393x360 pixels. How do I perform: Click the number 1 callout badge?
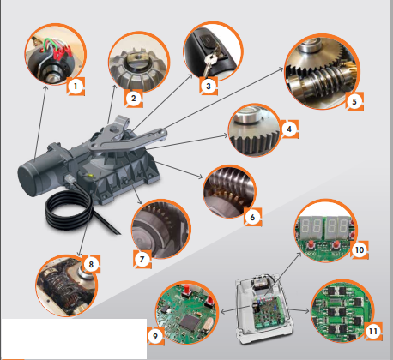click(x=76, y=86)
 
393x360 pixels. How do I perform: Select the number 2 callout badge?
click(x=134, y=99)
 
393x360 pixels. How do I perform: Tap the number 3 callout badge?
click(x=209, y=86)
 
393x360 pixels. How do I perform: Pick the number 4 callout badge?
click(x=289, y=129)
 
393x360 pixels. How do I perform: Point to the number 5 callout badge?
click(x=354, y=101)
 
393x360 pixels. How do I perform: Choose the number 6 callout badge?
click(x=252, y=218)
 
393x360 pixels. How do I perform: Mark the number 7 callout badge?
click(x=142, y=260)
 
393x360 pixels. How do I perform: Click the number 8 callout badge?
click(x=91, y=264)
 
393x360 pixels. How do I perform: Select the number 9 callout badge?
click(x=155, y=336)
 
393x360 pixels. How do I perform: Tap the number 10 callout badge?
click(x=360, y=250)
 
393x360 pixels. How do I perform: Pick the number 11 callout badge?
click(x=373, y=332)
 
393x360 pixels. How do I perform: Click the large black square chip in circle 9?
click(x=190, y=321)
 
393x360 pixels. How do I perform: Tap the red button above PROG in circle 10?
click(x=311, y=244)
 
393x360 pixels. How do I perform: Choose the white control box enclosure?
click(x=264, y=309)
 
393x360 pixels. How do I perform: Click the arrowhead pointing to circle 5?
click(x=281, y=69)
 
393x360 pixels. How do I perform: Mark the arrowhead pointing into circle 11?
click(x=307, y=311)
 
